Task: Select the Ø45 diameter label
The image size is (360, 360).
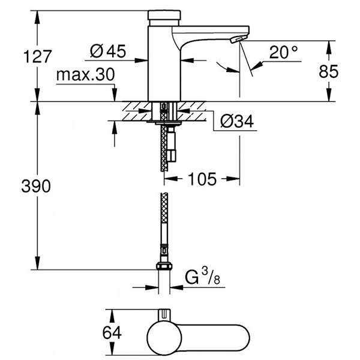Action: pyautogui.click(x=108, y=53)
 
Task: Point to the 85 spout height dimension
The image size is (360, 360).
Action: pyautogui.click(x=343, y=72)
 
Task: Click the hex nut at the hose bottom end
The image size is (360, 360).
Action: pyautogui.click(x=164, y=268)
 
